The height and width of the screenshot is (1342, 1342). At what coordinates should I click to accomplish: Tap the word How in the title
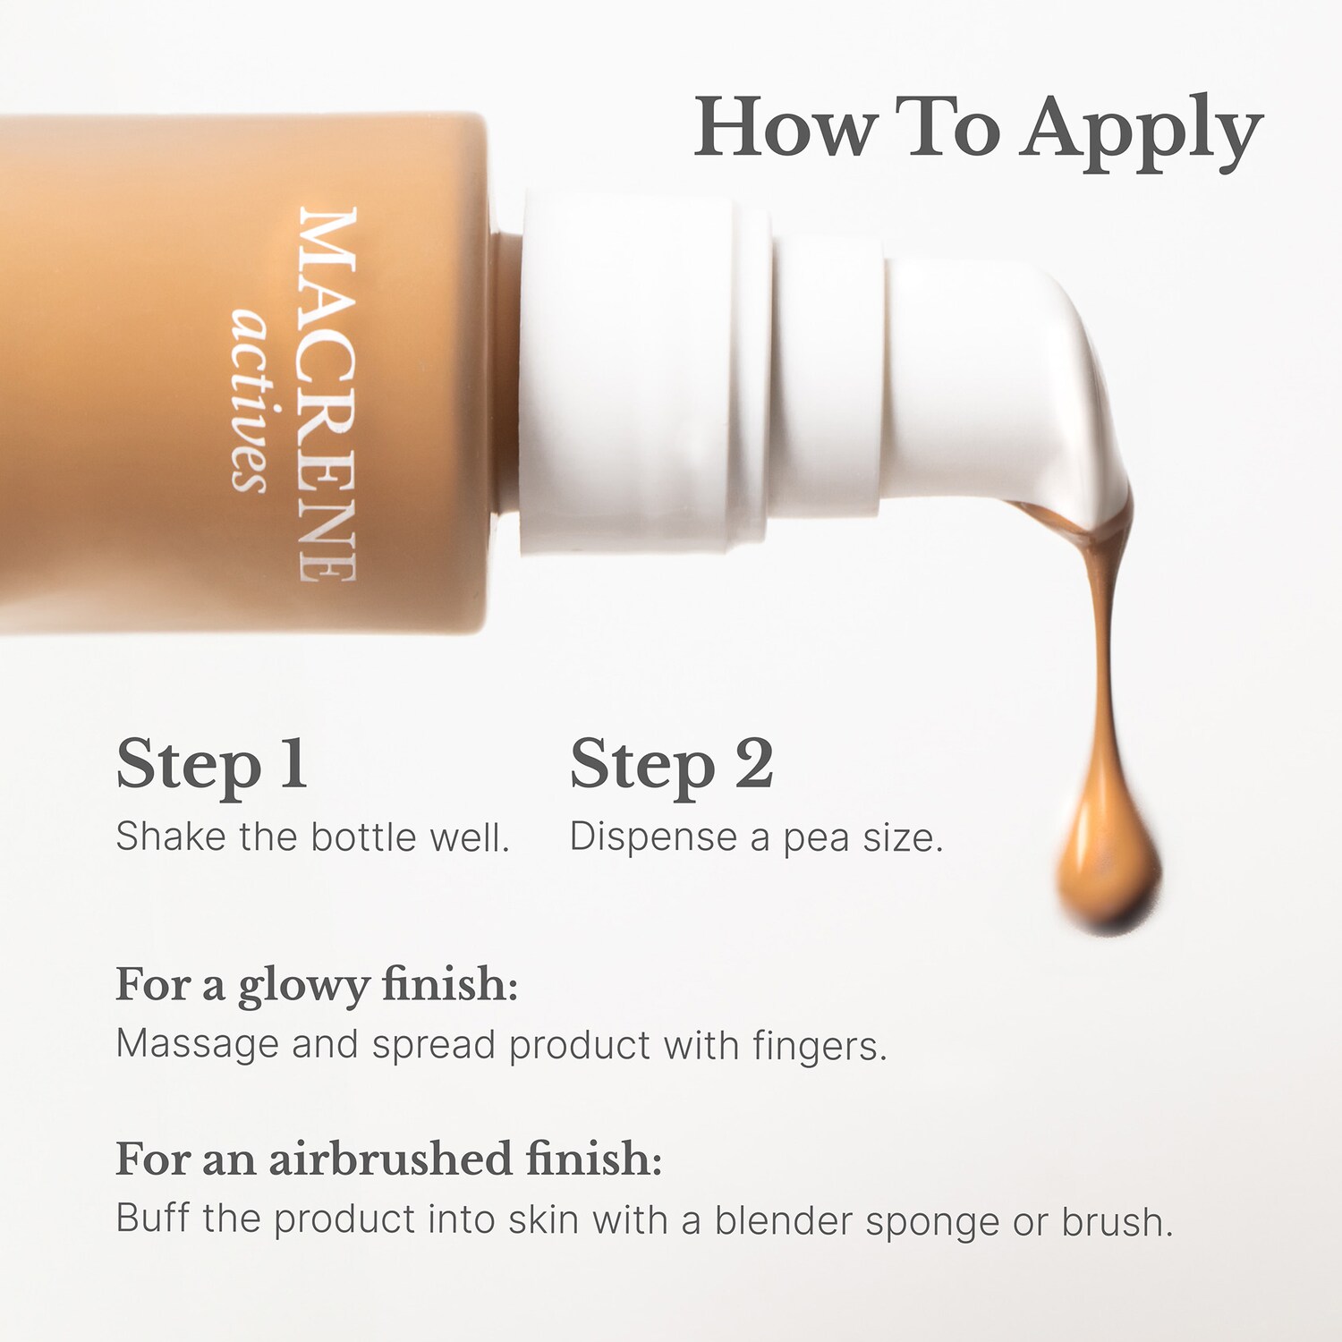pyautogui.click(x=785, y=127)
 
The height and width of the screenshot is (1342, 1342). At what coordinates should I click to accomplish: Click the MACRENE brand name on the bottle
pyautogui.click(x=327, y=395)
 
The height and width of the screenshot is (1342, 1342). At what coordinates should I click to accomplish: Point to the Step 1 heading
pyautogui.click(x=212, y=766)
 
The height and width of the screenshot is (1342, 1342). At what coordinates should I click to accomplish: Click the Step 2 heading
pyautogui.click(x=672, y=766)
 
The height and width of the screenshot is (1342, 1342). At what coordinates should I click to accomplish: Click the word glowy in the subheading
pyautogui.click(x=303, y=988)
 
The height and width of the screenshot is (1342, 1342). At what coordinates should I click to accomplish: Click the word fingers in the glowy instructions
pyautogui.click(x=820, y=1046)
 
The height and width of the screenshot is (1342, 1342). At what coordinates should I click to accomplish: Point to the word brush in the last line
pyautogui.click(x=1117, y=1220)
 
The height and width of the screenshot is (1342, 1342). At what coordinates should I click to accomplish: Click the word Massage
pyautogui.click(x=198, y=1046)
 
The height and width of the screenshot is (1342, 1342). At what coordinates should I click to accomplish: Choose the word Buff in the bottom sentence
pyautogui.click(x=153, y=1218)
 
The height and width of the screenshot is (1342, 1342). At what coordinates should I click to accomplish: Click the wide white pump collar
pyautogui.click(x=644, y=371)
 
